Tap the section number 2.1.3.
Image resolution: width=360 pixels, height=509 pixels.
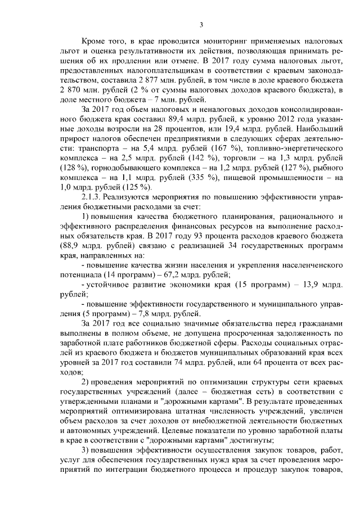pyautogui.click(x=93, y=214)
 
